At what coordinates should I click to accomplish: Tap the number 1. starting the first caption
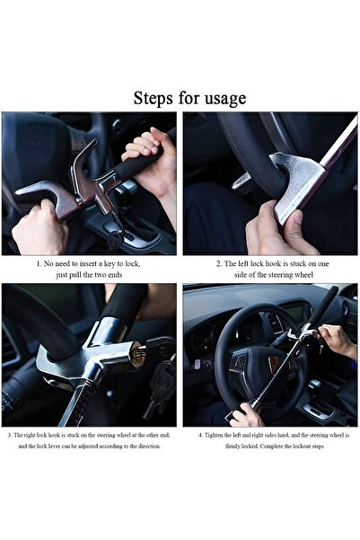[39, 264]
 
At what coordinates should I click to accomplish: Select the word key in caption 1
[114, 264]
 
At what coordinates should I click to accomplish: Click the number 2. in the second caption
[218, 264]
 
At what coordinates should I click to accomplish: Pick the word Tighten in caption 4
[216, 434]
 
